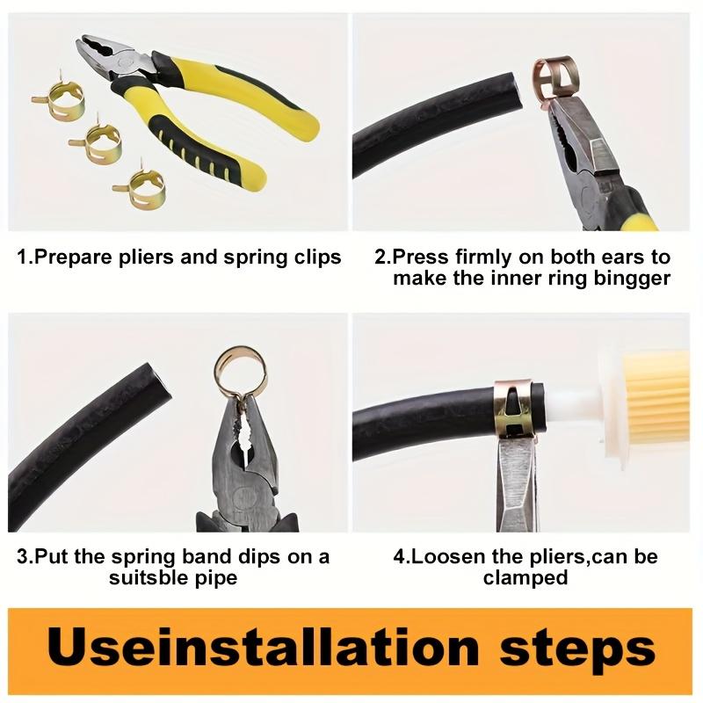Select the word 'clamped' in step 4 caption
(x=525, y=577)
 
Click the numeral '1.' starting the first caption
(x=25, y=257)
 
